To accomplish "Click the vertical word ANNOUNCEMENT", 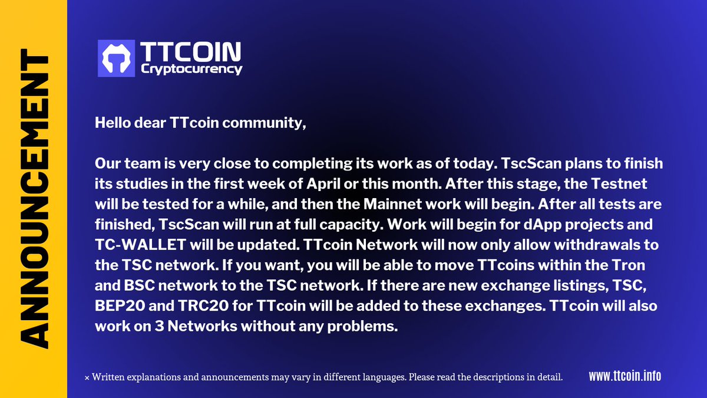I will click(34, 199).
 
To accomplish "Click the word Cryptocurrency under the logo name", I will click(191, 69).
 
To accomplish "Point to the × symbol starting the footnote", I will click(87, 377).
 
